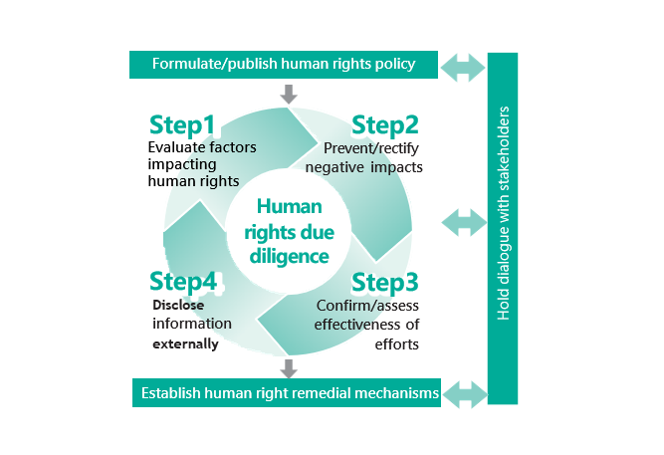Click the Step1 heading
coord(182,126)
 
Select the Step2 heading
coord(384,126)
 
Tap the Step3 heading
coord(385,284)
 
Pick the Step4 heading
coord(183,283)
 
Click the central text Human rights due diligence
coord(290,231)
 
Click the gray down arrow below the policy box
coord(289,95)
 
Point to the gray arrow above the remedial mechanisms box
coord(289,367)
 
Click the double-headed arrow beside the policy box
coord(464,68)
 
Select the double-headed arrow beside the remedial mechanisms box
coord(464,393)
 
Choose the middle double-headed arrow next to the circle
coord(464,221)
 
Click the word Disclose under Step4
coord(178,306)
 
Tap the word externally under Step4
coord(185,344)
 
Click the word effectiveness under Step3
coord(359,325)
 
